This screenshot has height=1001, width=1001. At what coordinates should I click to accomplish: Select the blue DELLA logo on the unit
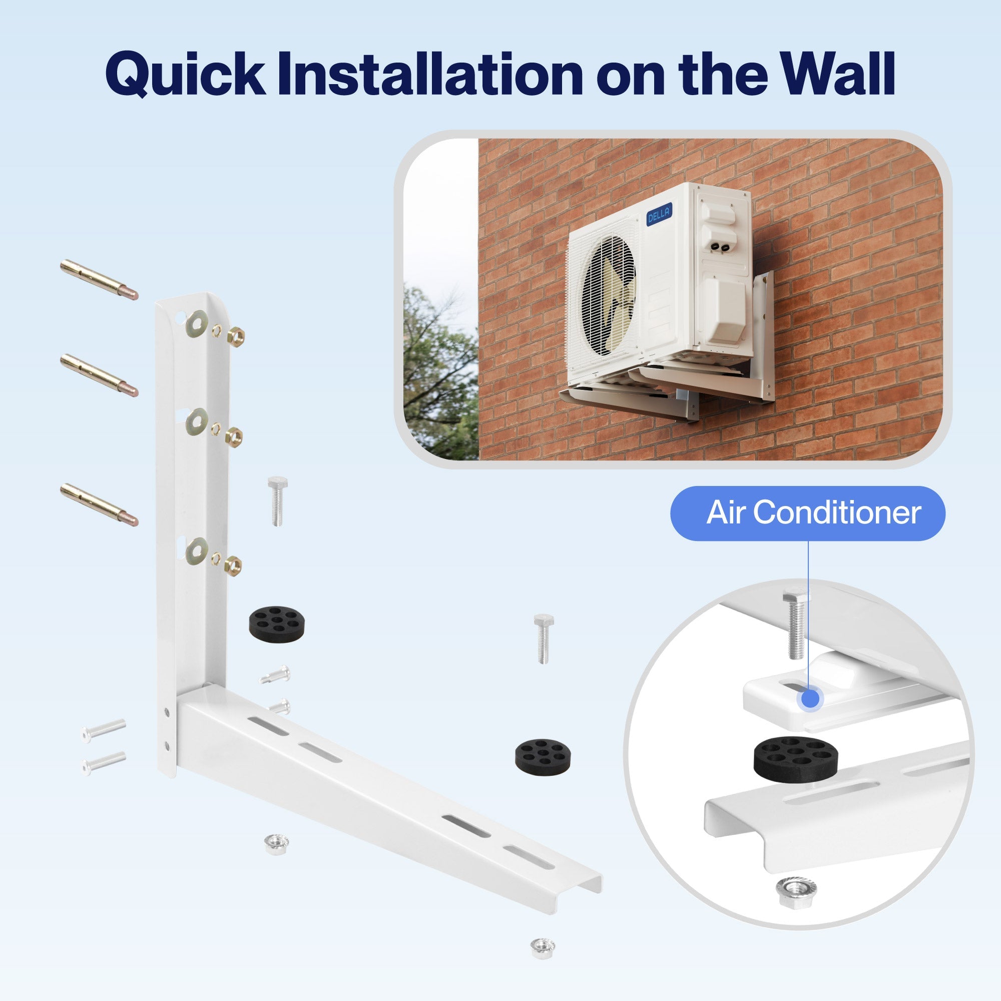click(659, 213)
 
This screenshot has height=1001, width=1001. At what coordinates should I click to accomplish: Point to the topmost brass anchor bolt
click(99, 279)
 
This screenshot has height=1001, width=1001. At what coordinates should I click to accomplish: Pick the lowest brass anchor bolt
click(99, 504)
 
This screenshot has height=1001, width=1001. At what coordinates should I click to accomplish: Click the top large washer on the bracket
click(197, 323)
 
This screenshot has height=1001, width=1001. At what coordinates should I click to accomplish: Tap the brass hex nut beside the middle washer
click(234, 438)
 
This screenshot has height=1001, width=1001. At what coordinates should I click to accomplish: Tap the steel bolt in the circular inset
click(796, 627)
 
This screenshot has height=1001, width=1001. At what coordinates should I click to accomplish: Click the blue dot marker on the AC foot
click(810, 699)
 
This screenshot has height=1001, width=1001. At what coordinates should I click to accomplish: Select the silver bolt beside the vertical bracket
click(277, 500)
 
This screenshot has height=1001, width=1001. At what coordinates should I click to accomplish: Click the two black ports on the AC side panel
click(718, 248)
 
